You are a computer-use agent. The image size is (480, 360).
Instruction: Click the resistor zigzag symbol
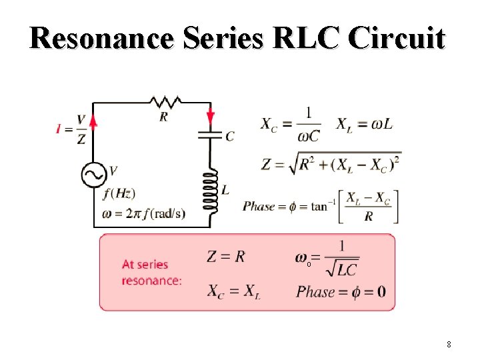click(165, 102)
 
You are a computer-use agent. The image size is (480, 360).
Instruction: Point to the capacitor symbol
click(211, 136)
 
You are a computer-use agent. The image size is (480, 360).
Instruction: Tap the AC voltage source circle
click(94, 175)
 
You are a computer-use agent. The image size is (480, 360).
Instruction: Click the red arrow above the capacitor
click(211, 116)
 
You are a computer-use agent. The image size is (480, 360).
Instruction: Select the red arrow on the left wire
click(93, 120)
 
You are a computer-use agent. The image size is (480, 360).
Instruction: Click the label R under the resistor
click(164, 117)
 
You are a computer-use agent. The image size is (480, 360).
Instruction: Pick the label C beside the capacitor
click(230, 137)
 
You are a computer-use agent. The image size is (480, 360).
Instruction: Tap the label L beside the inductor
click(226, 190)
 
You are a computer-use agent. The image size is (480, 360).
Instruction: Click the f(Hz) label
click(120, 194)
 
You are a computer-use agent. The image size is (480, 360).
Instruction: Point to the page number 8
click(449, 345)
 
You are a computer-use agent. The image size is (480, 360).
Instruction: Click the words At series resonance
click(151, 273)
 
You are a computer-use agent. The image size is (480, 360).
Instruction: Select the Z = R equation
click(226, 257)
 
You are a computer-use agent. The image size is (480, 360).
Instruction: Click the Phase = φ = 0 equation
click(341, 292)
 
